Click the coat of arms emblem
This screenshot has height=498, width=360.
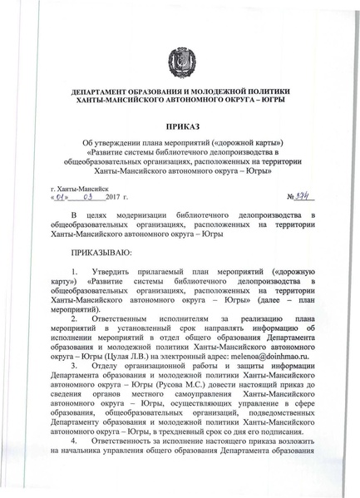point(180,61)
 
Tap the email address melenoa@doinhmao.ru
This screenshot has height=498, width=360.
point(271,353)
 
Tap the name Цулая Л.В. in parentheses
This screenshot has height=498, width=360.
point(125,353)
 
